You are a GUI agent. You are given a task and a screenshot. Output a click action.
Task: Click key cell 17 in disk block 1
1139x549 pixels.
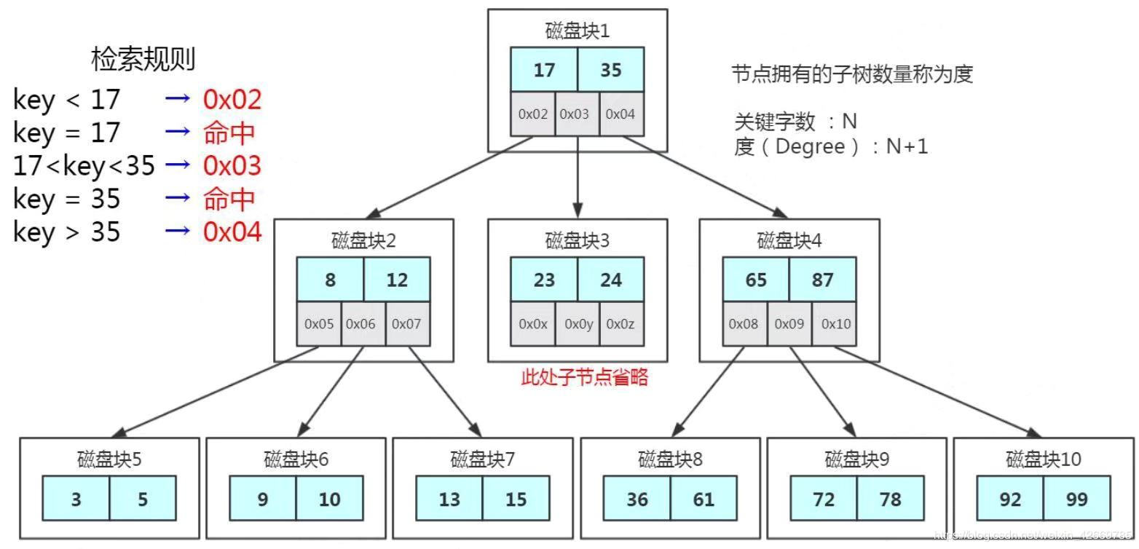tap(544, 70)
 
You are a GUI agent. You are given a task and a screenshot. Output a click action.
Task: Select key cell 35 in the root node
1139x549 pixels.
tap(610, 70)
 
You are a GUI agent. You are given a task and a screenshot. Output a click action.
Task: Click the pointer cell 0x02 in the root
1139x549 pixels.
tap(532, 114)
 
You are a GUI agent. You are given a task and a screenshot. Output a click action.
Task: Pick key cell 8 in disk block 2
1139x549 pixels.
tap(330, 280)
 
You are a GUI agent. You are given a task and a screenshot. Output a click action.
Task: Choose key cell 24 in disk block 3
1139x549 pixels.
tap(610, 280)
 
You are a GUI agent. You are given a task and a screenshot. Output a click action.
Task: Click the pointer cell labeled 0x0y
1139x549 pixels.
tap(577, 323)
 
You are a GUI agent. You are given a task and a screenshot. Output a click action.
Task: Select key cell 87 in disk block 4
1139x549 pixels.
tap(822, 280)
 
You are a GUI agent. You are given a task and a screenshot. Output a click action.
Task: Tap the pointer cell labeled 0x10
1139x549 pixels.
tap(835, 323)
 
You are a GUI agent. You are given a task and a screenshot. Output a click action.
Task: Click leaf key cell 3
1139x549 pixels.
tap(76, 499)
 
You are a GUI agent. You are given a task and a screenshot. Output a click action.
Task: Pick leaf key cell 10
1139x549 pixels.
tap(329, 499)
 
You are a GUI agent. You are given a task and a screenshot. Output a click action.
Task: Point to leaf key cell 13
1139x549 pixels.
tap(449, 499)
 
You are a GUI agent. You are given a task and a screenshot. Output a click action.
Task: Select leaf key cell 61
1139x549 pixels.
tap(703, 499)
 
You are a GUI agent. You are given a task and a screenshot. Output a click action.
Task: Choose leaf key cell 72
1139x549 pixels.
tap(824, 499)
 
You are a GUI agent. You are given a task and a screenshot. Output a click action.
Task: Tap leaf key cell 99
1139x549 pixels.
tap(1076, 499)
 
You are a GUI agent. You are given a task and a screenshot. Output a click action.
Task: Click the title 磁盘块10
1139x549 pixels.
tap(1043, 459)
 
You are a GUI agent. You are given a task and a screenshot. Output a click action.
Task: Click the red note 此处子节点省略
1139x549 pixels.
tap(584, 377)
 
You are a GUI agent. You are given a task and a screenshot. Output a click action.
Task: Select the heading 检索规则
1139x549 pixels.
tap(143, 59)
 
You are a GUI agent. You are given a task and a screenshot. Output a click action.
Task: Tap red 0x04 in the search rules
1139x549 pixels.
tap(232, 232)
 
